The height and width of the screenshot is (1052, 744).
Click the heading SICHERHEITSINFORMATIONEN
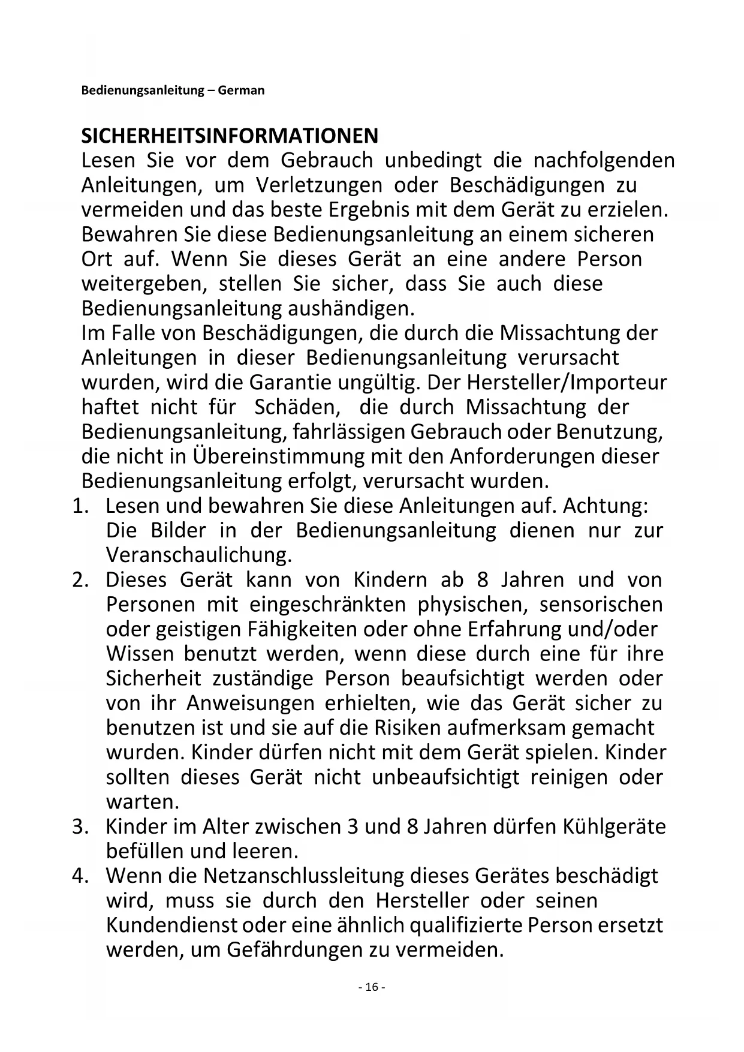click(230, 136)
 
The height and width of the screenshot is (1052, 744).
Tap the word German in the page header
click(241, 91)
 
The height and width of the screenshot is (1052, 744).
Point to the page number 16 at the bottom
click(371, 987)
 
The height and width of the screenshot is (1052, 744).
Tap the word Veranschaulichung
click(198, 555)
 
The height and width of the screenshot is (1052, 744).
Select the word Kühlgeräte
click(614, 826)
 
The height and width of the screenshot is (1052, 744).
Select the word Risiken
click(409, 728)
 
